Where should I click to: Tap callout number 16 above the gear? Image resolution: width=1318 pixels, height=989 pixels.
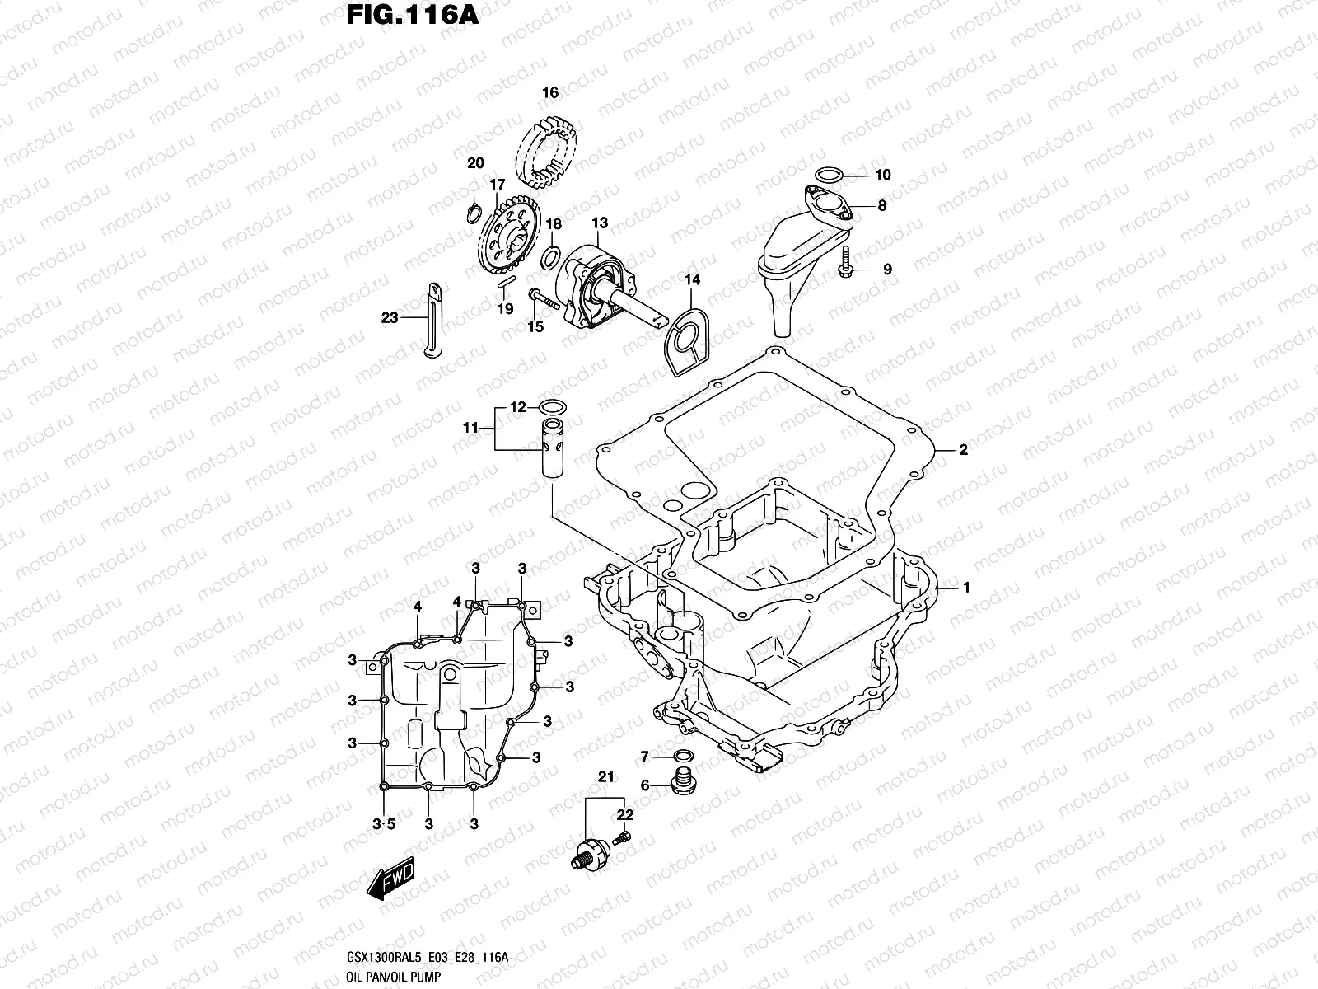(550, 92)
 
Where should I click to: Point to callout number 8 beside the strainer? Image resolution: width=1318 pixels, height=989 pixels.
(881, 206)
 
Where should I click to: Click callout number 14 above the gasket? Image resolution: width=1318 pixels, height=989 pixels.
(692, 280)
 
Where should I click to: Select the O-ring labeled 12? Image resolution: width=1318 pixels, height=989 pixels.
(551, 406)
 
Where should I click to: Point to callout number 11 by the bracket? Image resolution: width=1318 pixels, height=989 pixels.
(470, 428)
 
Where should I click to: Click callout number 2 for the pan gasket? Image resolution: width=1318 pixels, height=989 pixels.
(963, 450)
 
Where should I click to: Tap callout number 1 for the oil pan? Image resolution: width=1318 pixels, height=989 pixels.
(966, 588)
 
